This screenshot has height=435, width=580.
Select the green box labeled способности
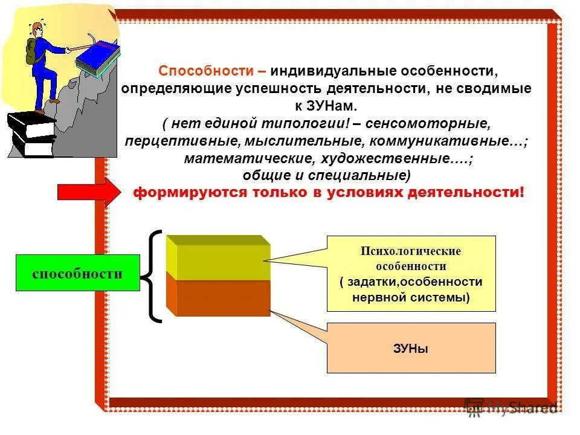(x=77, y=273)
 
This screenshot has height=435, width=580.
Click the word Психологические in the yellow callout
(x=411, y=251)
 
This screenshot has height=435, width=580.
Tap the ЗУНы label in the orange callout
(x=411, y=349)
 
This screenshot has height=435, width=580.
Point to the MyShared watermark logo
(x=511, y=408)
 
